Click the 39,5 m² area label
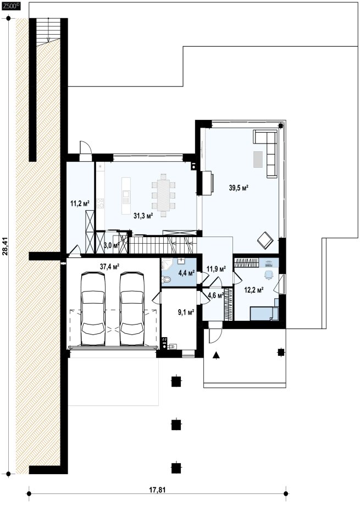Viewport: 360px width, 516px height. point(239,188)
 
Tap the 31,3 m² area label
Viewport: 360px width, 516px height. point(143,216)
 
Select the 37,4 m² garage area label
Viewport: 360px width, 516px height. point(109,267)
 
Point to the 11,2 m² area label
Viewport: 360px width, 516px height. point(80,203)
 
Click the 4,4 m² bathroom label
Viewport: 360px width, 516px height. point(186,272)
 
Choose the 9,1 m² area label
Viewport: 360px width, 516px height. point(186,312)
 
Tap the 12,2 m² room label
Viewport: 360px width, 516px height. point(254,290)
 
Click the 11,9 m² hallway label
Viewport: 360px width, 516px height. point(216,269)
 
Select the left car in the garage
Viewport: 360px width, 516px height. point(93,309)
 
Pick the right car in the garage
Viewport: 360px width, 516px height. point(132,309)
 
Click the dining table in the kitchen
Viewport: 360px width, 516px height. point(163,195)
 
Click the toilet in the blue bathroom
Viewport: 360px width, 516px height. point(167,279)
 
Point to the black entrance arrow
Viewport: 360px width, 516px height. point(216,355)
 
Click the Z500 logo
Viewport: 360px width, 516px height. point(12,6)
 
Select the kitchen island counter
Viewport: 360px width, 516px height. point(126,195)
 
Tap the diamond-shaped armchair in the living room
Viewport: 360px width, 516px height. point(265,240)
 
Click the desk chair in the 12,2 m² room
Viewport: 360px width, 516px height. point(268,275)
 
